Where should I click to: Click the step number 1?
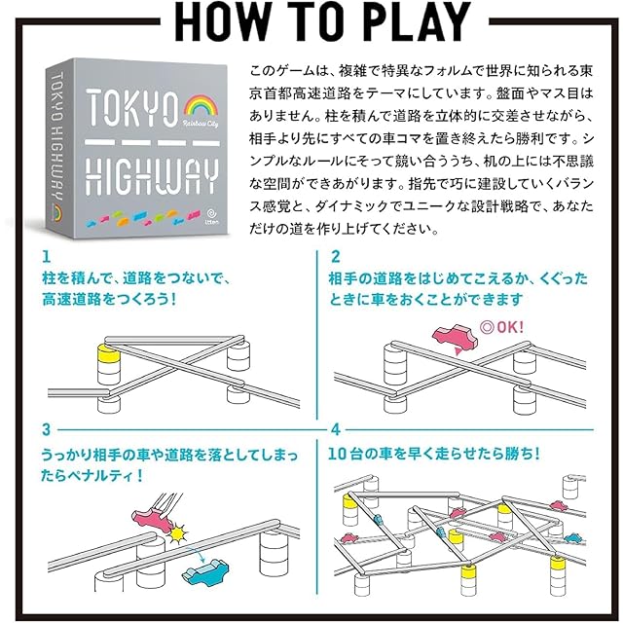click(46, 258)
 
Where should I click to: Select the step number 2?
click(336, 258)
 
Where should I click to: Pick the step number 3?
click(46, 428)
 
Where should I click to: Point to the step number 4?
click(336, 428)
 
